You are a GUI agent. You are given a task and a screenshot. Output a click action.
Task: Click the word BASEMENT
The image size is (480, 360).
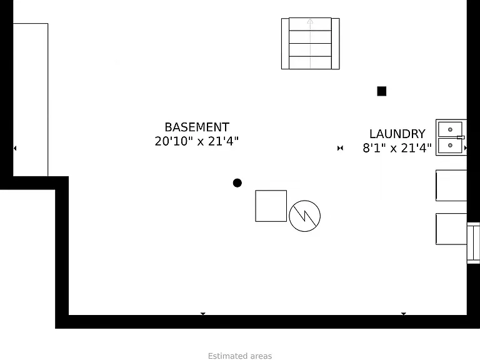pos(197,127)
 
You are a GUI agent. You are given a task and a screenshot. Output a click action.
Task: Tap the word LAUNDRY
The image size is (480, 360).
pos(397,134)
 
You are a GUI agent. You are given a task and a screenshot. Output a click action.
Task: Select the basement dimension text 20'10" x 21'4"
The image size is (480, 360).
pos(196,141)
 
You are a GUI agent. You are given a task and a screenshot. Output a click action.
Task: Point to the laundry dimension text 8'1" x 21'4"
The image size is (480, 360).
pos(397,148)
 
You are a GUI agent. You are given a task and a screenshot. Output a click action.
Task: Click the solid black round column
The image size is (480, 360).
pos(237,183)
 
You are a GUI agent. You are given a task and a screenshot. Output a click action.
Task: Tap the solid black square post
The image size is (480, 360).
pos(382,91)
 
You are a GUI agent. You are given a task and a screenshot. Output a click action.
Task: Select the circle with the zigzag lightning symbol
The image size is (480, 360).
pos(304,216)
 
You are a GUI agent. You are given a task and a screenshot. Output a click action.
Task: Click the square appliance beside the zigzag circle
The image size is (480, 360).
pos(271,206)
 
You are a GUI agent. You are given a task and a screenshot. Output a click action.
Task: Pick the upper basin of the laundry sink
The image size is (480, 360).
pos(450,129)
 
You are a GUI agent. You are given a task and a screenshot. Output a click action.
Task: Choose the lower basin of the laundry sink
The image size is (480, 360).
pos(450,146)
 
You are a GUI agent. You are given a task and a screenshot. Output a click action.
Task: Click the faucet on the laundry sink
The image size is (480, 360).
pos(461,137)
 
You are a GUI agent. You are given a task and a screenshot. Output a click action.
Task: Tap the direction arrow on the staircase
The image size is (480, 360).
pos(310,44)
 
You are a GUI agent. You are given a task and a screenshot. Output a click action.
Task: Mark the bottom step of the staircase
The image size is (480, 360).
pos(310,62)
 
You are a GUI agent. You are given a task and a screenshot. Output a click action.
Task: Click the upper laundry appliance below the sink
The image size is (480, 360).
pos(451,186)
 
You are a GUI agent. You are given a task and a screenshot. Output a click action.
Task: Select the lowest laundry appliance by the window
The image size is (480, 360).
pos(451,229)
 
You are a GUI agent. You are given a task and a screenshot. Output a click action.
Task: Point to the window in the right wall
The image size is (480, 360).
pos(473,243)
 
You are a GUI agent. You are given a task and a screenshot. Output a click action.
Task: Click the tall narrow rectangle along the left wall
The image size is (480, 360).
pos(30,100)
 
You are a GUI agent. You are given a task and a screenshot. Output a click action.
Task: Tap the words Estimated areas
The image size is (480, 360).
pos(240,356)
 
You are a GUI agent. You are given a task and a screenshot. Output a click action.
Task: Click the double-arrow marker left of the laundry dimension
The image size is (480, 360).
pos(340,148)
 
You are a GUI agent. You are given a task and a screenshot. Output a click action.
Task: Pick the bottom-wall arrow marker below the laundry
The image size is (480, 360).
pos(404,314)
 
